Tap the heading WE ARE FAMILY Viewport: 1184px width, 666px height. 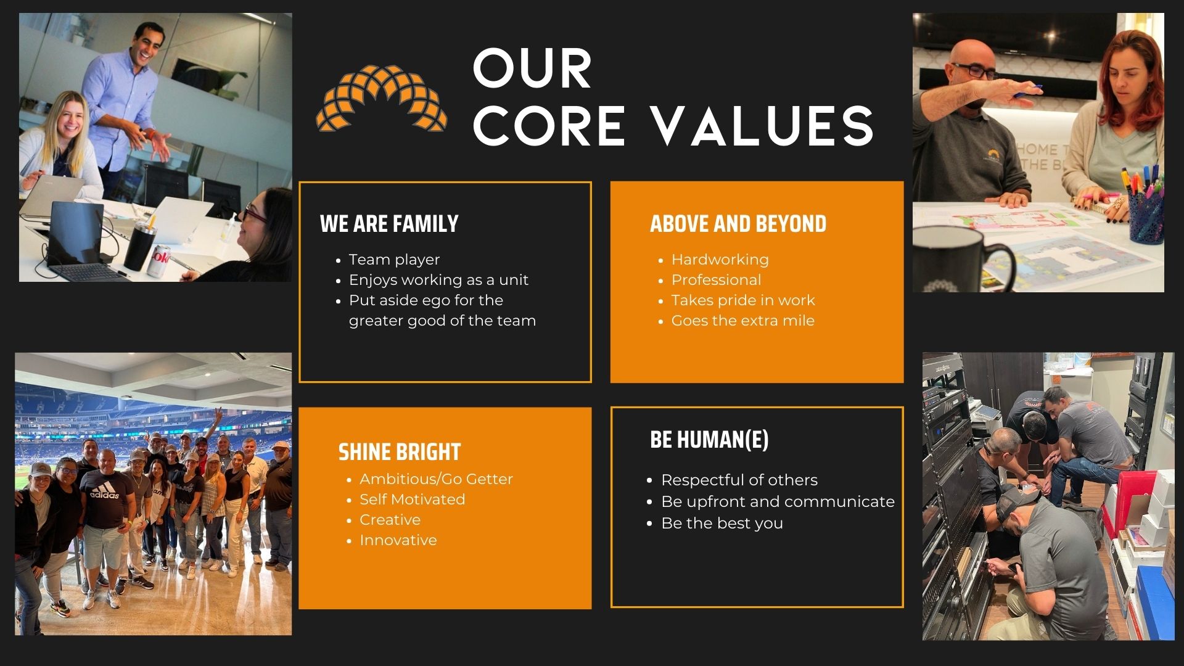(x=389, y=224)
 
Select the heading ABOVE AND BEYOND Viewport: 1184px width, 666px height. (x=738, y=224)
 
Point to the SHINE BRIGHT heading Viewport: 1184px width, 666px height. (x=400, y=452)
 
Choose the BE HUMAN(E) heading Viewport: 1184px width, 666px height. (x=709, y=440)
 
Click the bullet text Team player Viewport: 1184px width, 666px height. (x=394, y=260)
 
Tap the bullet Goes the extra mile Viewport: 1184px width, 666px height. (x=742, y=321)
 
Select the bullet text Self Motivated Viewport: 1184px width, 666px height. (x=412, y=499)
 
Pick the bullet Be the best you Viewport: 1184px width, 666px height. (x=722, y=524)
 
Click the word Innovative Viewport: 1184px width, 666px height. (x=398, y=540)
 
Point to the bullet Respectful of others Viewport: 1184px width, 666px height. (x=739, y=480)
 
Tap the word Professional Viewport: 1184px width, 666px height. (x=716, y=280)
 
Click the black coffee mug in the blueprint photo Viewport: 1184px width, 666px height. (x=959, y=259)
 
